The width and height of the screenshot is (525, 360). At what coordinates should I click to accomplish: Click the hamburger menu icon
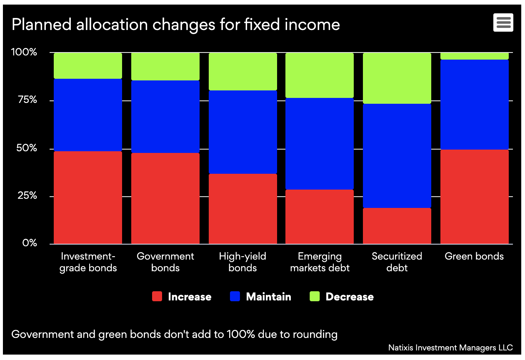[x=503, y=22]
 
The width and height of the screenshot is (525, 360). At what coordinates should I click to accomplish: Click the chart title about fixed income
[x=175, y=25]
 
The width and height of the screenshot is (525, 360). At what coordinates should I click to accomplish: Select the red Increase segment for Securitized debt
[x=397, y=226]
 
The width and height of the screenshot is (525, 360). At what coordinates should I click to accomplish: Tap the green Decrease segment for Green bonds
[x=474, y=56]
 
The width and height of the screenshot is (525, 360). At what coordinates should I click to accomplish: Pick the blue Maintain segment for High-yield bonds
[x=242, y=132]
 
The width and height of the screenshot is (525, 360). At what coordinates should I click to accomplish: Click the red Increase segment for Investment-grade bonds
[x=88, y=197]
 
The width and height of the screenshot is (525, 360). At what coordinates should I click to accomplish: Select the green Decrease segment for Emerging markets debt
[x=320, y=75]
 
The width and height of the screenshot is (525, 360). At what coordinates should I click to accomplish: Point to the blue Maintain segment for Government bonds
[x=165, y=117]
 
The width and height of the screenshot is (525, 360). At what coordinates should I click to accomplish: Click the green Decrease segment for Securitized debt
[x=397, y=78]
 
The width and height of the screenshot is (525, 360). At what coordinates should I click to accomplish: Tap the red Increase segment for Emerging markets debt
[x=320, y=217]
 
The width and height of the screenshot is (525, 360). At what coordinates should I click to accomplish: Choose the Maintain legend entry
[x=261, y=297]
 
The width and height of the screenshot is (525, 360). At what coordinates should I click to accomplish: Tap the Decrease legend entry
[x=342, y=297]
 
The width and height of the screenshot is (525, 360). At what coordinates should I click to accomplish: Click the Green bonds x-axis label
[x=474, y=256]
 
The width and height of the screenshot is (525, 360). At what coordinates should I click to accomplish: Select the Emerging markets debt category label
[x=320, y=262]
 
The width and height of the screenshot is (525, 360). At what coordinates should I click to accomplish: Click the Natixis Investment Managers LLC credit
[x=450, y=347]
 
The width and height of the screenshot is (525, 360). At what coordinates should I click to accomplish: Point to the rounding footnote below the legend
[x=174, y=334]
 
